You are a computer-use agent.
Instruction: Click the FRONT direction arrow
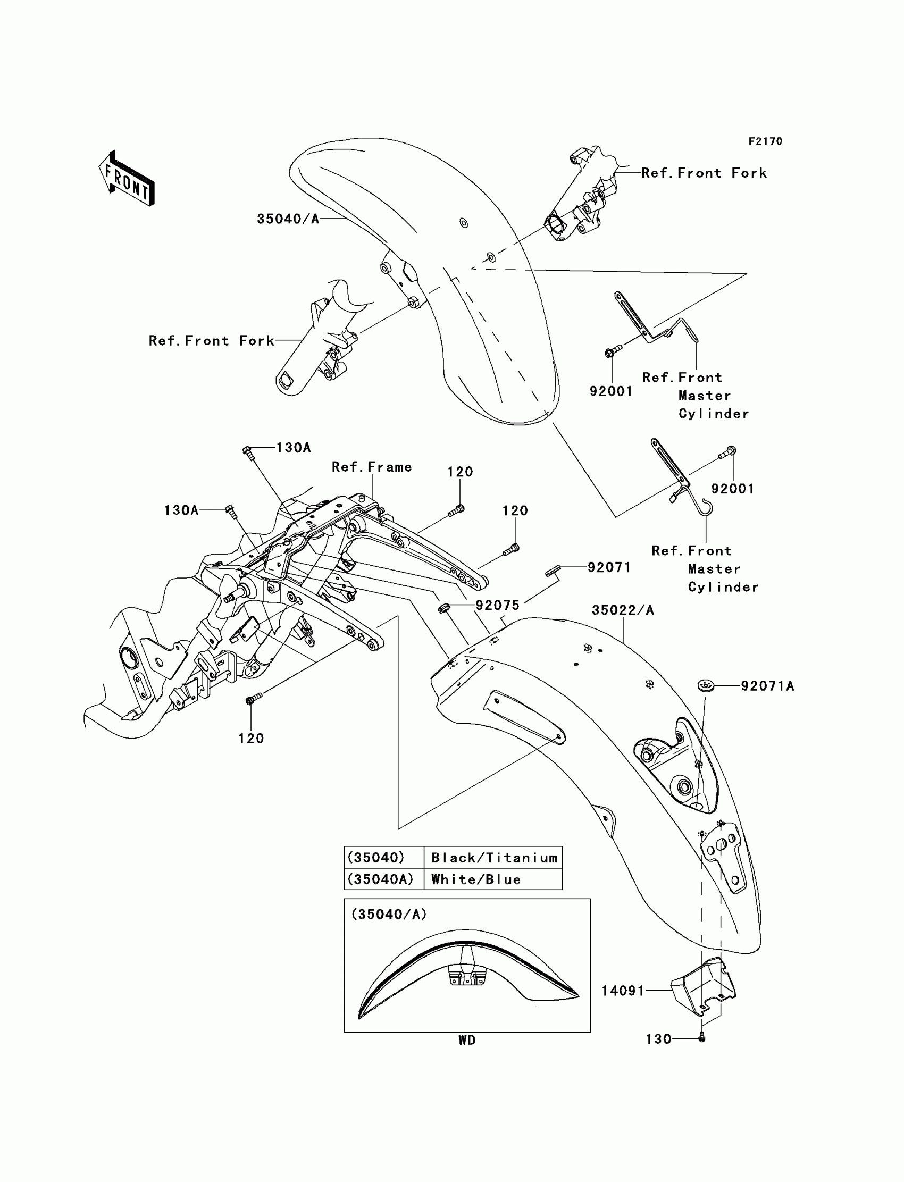(127, 179)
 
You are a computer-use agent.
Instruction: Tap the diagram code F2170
(765, 141)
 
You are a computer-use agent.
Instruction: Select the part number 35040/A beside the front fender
(288, 219)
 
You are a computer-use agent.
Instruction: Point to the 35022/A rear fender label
(623, 610)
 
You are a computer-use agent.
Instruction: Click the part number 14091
(623, 991)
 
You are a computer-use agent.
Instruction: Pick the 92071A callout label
(767, 686)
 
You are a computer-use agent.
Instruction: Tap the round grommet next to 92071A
(706, 686)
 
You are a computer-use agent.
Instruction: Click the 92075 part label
(497, 605)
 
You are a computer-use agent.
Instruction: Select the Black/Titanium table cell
(494, 858)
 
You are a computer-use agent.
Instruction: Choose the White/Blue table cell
(476, 879)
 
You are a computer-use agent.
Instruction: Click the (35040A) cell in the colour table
(380, 879)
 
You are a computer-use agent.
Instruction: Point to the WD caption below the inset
(466, 1041)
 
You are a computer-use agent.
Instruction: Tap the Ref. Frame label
(371, 467)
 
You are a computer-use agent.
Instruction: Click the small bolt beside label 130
(701, 1038)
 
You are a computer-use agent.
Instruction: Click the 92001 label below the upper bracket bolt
(611, 391)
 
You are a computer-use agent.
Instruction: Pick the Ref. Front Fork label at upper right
(704, 173)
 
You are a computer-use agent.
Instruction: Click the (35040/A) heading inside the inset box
(389, 915)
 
